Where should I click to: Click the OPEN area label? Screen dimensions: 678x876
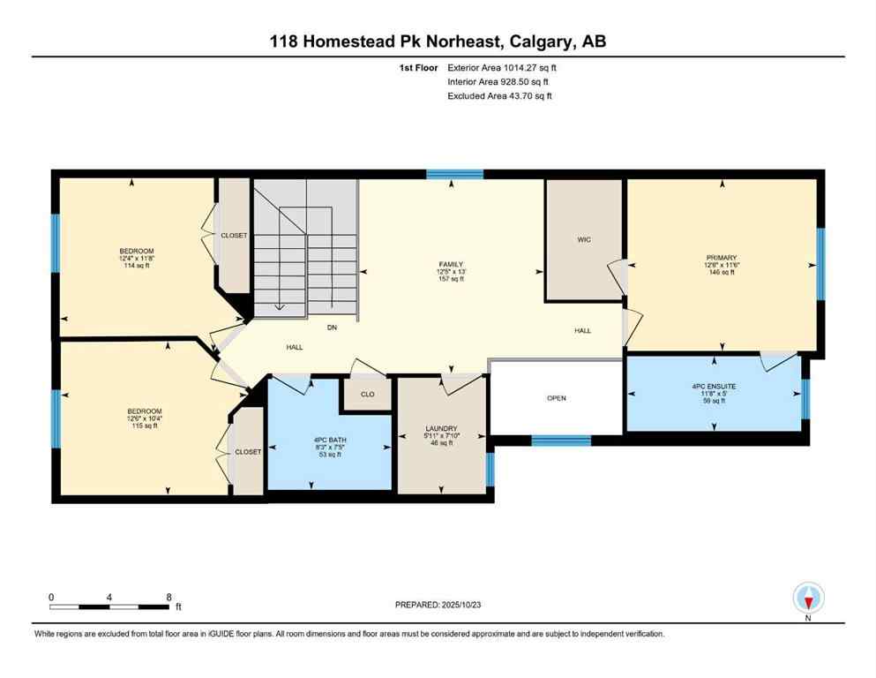point(556,398)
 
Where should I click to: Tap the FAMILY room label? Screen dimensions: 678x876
point(451,264)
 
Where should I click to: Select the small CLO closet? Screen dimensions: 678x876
point(368,394)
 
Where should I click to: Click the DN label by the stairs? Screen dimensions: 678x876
point(332,328)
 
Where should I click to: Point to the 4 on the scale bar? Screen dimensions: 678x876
point(109,597)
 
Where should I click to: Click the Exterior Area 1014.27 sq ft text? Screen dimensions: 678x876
point(502,67)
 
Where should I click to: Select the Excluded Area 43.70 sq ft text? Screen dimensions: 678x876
point(500,96)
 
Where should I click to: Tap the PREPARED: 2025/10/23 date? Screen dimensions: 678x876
point(438,605)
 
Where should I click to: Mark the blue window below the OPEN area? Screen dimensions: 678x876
point(561,440)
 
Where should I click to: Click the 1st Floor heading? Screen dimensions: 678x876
point(417,67)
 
